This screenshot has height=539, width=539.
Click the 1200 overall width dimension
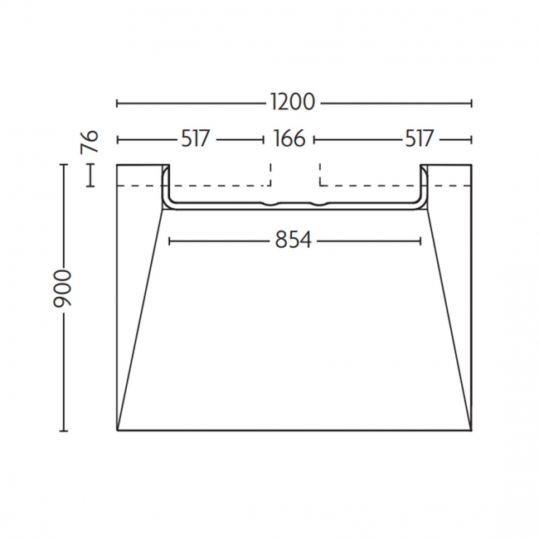point(293,103)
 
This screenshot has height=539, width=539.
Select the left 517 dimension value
point(195,138)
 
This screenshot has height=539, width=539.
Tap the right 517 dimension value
point(420,138)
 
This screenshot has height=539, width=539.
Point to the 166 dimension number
point(289,138)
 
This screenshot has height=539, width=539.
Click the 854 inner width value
point(293,240)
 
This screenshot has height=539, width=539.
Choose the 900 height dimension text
point(65,288)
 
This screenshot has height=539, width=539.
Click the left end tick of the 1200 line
point(117,103)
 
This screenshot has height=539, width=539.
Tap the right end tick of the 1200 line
point(471,103)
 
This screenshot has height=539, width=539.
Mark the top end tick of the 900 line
point(64,165)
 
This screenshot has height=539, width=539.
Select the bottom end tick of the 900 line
point(64,430)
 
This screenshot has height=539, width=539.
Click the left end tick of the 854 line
point(169,240)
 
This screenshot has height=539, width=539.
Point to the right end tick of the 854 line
point(420,240)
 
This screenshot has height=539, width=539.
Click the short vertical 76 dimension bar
point(91,175)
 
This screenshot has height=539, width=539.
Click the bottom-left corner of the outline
point(117,430)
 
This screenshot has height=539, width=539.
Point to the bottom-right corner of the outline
point(471,430)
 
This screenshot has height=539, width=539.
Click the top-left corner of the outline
point(117,165)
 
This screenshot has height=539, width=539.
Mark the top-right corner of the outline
point(471,165)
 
